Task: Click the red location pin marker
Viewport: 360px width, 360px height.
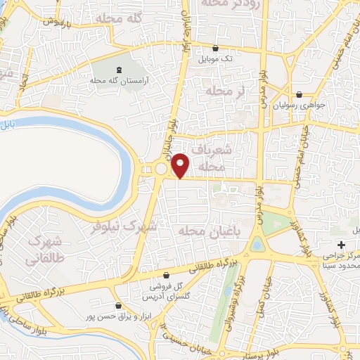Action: point(180,165)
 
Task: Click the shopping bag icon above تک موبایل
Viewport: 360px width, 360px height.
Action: point(216,49)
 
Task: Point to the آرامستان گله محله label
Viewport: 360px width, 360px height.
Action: point(117,82)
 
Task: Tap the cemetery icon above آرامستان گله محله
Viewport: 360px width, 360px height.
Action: point(117,70)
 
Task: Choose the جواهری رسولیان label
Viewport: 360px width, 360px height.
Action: point(301,105)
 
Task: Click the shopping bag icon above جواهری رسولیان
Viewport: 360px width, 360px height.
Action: point(300,94)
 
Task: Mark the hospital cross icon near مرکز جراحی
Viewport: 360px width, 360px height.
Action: point(341,245)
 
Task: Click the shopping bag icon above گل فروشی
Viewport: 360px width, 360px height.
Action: point(166,275)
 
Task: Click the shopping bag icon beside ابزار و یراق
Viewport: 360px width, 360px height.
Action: point(118,305)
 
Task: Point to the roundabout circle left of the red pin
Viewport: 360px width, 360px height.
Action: point(161,169)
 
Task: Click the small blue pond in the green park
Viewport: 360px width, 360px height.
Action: point(257,245)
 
